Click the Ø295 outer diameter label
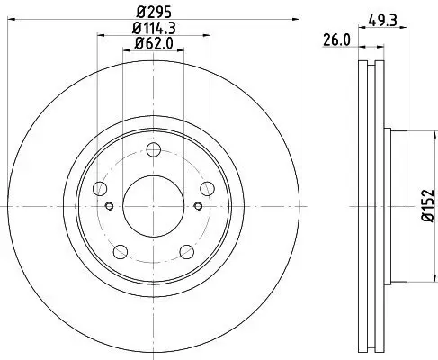click(x=152, y=13)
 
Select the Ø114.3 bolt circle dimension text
click(x=151, y=28)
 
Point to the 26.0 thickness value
click(x=336, y=40)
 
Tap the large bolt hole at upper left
click(x=101, y=188)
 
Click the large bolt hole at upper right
click(x=207, y=188)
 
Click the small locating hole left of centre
click(x=110, y=207)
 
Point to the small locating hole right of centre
click(x=195, y=207)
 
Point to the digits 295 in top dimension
click(x=157, y=13)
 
